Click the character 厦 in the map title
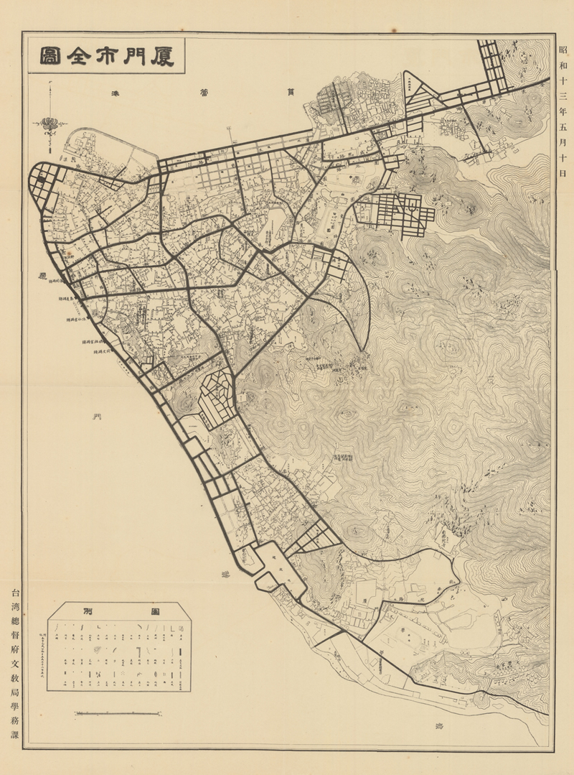tap(163, 55)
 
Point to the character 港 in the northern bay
tap(116, 94)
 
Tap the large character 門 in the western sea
tap(95, 417)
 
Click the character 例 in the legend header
tap(88, 611)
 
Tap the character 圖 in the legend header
tap(153, 611)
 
